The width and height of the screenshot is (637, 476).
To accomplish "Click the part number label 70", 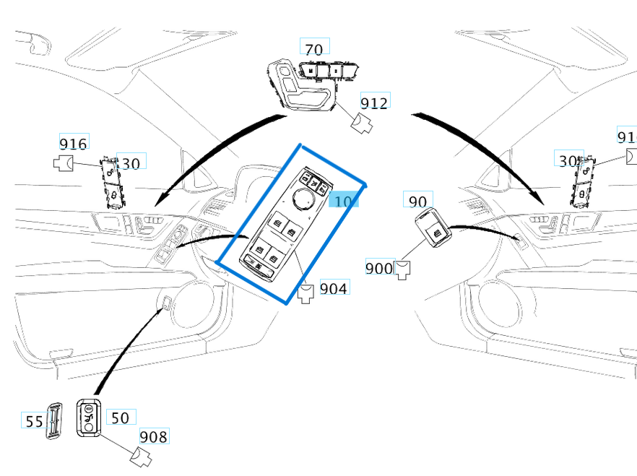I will pyautogui.click(x=314, y=49).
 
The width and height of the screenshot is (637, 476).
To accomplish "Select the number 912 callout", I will pyautogui.click(x=374, y=103).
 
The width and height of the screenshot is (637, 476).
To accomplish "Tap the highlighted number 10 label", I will pyautogui.click(x=344, y=200).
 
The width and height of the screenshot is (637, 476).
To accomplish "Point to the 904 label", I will pyautogui.click(x=333, y=288).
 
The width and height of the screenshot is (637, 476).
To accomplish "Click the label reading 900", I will pyautogui.click(x=378, y=268).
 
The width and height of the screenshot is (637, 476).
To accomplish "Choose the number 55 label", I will pyautogui.click(x=34, y=421).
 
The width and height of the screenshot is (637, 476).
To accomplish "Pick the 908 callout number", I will pyautogui.click(x=152, y=436).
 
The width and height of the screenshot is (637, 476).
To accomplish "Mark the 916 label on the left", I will pyautogui.click(x=73, y=144).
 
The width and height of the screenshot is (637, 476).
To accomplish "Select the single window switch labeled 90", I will pyautogui.click(x=433, y=229).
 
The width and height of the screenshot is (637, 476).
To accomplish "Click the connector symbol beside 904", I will pyautogui.click(x=306, y=292).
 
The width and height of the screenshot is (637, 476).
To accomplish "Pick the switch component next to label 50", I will pyautogui.click(x=89, y=418).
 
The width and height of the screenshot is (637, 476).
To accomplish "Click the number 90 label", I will pyautogui.click(x=417, y=202).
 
